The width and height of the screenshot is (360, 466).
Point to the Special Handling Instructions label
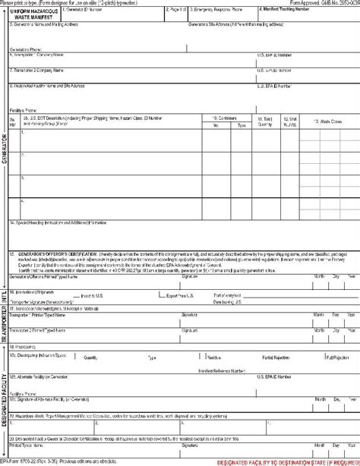pyautogui.click(x=61, y=223)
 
